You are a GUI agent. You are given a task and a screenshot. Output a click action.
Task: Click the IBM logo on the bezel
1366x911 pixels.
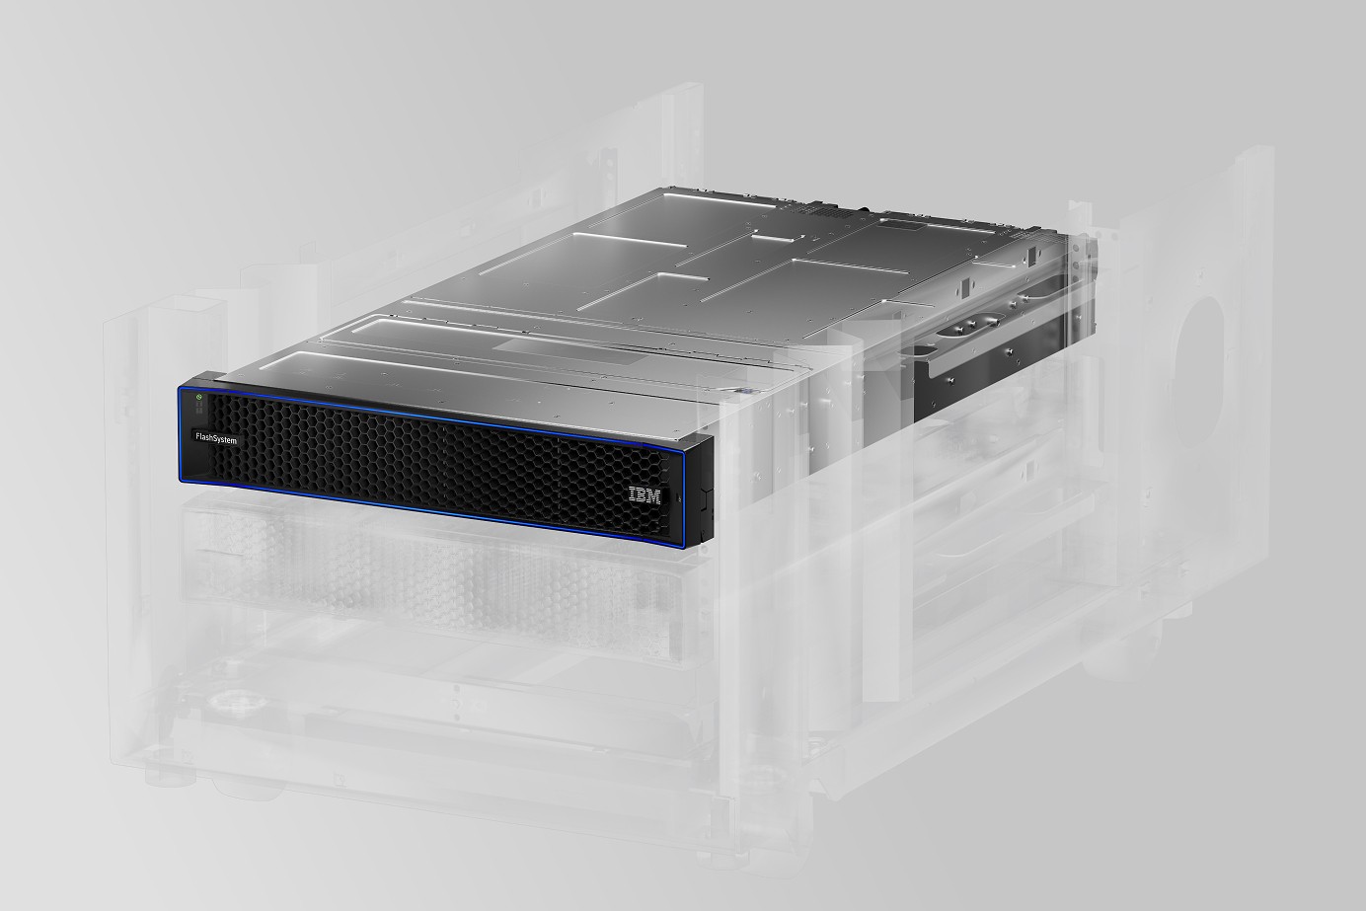[645, 495]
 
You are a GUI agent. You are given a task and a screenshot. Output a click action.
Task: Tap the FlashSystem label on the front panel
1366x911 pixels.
[216, 439]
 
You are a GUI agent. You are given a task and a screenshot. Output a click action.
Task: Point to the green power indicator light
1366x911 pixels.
[198, 397]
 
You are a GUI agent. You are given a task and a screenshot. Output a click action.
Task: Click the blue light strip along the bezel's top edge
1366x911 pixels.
[439, 416]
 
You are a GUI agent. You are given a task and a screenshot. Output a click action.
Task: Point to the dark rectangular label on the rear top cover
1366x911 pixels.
[908, 226]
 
